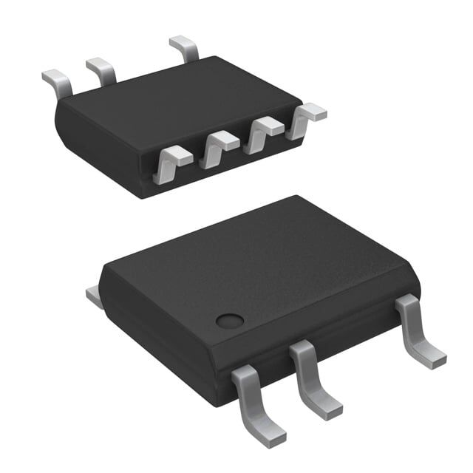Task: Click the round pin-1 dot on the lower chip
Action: pos(229,321)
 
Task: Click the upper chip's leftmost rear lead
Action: pos(56,82)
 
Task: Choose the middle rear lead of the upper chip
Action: pos(101,70)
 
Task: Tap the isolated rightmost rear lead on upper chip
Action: pos(184,49)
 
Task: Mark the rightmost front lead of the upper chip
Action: pos(305,118)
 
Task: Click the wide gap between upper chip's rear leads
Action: pos(144,63)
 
